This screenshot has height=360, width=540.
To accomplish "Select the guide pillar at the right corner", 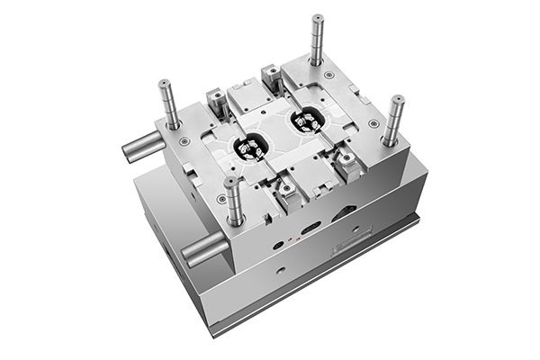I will tap(392, 119).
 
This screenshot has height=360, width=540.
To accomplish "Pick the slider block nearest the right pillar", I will tap(346, 162).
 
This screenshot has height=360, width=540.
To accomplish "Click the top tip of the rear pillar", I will tap(318, 17).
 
